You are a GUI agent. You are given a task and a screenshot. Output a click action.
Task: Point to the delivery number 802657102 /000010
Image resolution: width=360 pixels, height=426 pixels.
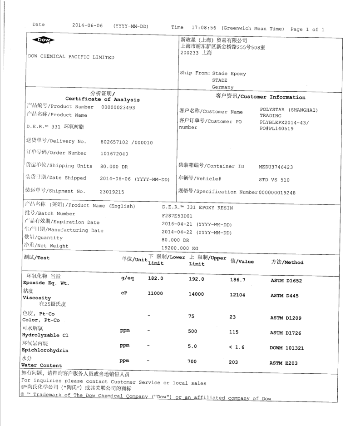[x=126, y=143]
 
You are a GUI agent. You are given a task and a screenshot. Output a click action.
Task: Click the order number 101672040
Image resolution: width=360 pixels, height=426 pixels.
[x=114, y=154]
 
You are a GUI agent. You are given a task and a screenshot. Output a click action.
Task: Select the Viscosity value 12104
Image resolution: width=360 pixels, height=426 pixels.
[x=240, y=295]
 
